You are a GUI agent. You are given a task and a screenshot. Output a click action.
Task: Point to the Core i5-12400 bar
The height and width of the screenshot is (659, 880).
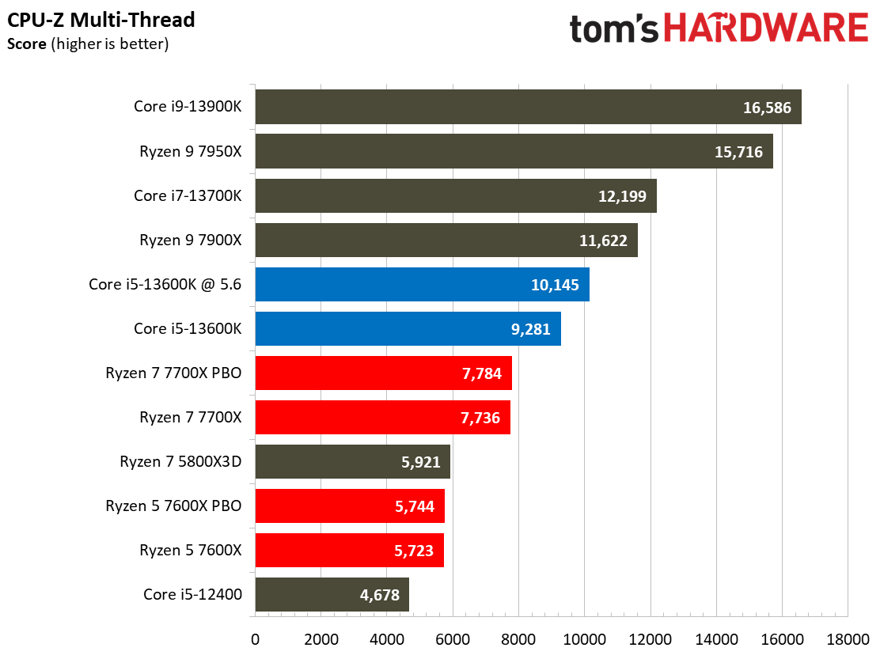click(x=332, y=594)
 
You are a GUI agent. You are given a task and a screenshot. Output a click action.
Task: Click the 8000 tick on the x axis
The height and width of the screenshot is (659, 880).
click(x=518, y=638)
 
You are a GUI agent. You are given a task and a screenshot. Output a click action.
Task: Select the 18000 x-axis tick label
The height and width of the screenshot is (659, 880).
click(x=847, y=638)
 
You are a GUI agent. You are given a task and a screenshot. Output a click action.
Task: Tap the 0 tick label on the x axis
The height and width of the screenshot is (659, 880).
click(x=255, y=638)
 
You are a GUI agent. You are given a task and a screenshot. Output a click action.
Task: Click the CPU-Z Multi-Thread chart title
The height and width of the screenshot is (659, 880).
click(x=101, y=19)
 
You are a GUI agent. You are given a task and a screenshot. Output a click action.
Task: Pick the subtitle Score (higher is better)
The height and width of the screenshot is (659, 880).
click(x=87, y=44)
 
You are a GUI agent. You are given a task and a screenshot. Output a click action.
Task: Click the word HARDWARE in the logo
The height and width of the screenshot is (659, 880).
click(x=765, y=29)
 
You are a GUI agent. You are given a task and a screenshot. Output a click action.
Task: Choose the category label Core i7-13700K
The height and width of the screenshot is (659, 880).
click(x=188, y=196)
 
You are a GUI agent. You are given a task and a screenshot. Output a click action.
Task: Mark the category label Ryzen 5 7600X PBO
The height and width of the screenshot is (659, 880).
click(x=173, y=506)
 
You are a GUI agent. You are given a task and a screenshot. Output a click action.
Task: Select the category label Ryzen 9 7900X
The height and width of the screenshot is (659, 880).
click(x=191, y=240)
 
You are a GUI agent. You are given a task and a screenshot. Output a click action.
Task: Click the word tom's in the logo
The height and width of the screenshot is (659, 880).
click(x=614, y=29)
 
